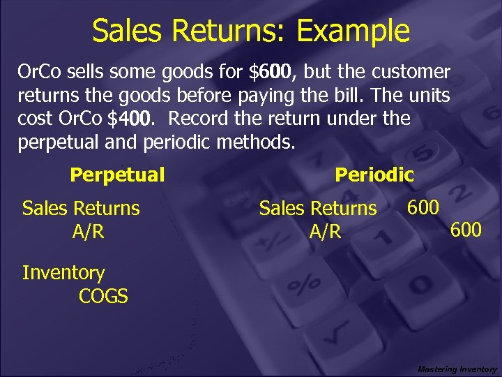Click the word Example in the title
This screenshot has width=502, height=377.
click(x=353, y=31)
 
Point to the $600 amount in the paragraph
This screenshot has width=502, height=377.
click(x=274, y=72)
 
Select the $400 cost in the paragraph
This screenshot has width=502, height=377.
click(x=129, y=119)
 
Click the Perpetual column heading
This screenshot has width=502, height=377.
click(x=117, y=175)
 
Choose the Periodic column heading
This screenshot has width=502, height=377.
click(x=374, y=175)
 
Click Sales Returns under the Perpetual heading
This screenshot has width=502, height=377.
click(x=81, y=208)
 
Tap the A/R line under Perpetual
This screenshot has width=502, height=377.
click(x=88, y=231)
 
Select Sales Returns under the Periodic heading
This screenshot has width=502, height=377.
click(x=318, y=208)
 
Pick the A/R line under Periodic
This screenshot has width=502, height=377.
click(x=326, y=231)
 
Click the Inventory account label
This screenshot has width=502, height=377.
click(x=63, y=273)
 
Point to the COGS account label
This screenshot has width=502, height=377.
click(x=103, y=296)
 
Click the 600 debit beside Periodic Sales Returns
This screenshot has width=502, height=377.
click(x=423, y=207)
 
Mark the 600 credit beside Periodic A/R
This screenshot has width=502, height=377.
click(x=466, y=229)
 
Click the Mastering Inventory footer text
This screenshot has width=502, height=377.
click(x=457, y=369)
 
